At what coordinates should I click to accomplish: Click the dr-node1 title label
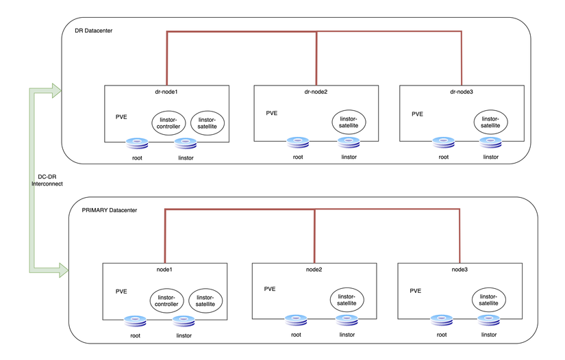pos(167,92)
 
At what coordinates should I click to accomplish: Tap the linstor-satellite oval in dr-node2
pos(349,123)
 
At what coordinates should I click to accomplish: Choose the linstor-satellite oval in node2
pos(347,299)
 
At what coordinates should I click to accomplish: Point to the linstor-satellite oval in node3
pos(488,298)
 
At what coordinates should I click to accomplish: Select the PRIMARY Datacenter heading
pos(104,209)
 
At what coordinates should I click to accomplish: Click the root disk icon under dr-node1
pos(137,144)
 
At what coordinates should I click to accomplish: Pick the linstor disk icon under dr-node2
pos(349,144)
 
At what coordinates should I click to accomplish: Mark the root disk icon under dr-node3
pos(444,144)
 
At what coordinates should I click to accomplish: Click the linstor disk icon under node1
pos(184,321)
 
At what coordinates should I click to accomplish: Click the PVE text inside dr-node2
pos(272,113)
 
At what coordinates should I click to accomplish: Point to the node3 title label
pos(460,270)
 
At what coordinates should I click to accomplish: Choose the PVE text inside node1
pos(121,291)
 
